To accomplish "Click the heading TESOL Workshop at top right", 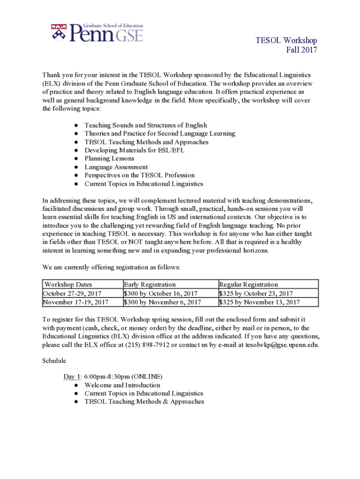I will pos(286,41).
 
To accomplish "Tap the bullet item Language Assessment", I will pos(116,167).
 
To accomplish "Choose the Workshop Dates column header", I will pos(68,284).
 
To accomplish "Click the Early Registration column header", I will pos(150,284).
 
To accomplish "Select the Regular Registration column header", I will pos(248,284).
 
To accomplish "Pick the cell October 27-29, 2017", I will pos(72,293).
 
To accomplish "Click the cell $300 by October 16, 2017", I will pos(160,293).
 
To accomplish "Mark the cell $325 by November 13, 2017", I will pos(259,302).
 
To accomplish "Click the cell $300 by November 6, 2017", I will pos(162,302).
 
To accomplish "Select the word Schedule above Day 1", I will pos(54,361).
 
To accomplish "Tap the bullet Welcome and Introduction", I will pos(122,385).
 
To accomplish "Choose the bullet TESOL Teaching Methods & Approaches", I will pos(144,401).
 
